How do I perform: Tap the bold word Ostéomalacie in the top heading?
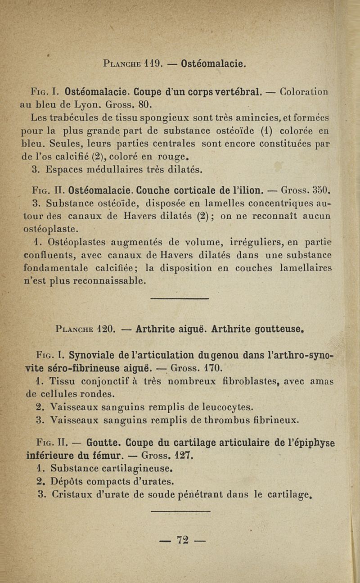213,63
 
